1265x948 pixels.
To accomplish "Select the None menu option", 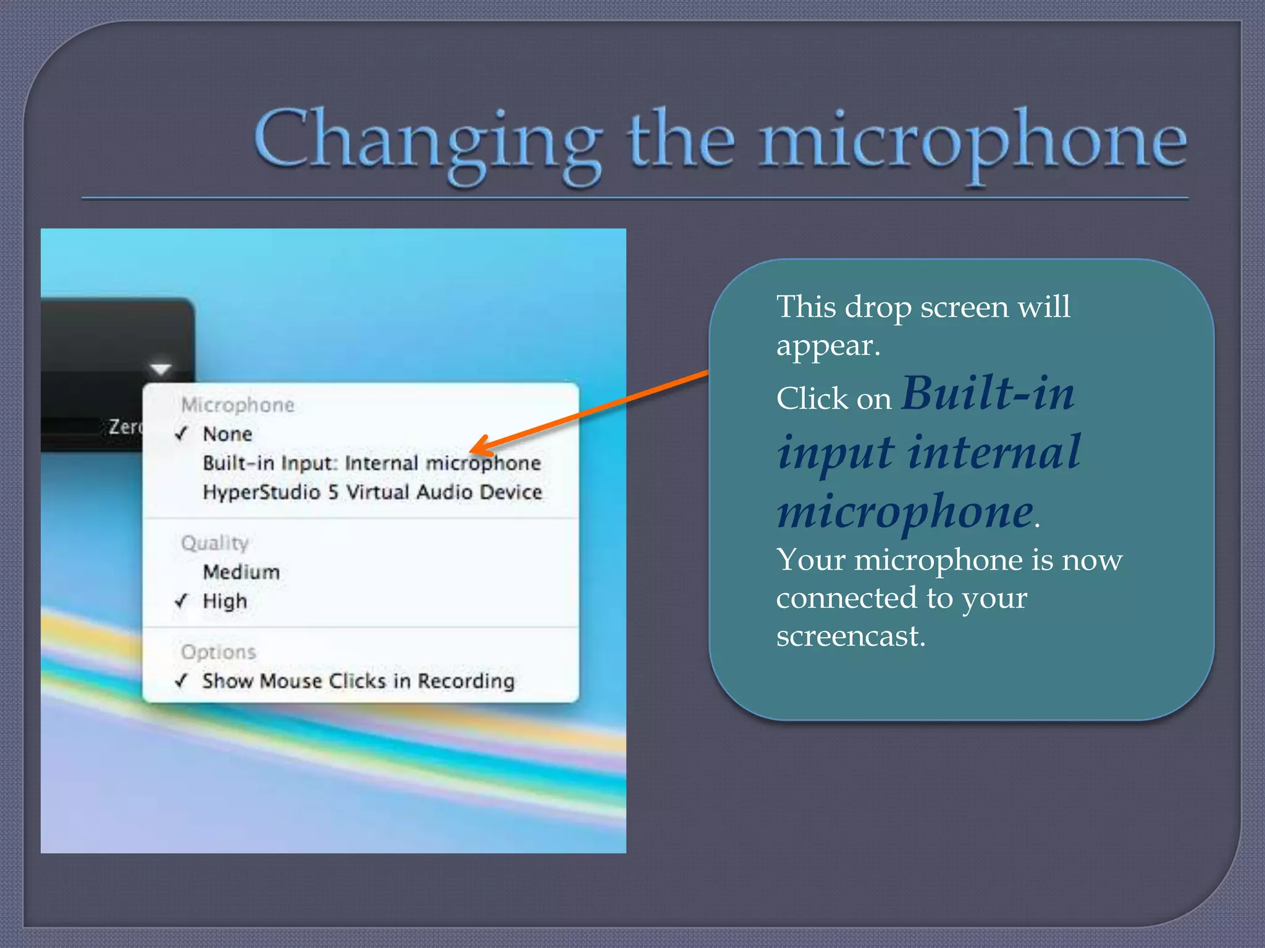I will (227, 434).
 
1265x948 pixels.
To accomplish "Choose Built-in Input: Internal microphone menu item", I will (371, 463).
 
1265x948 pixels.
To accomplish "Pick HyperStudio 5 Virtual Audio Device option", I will (372, 492).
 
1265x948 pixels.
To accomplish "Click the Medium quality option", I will (241, 572).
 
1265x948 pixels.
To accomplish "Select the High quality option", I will (225, 601).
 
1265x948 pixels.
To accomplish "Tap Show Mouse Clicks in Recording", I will (358, 681).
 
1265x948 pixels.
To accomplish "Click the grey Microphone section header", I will (238, 405).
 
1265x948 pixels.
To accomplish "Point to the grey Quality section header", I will (214, 543).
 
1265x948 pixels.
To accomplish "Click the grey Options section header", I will (218, 652).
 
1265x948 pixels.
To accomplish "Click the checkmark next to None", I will (181, 434).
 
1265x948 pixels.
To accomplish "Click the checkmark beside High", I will (181, 601).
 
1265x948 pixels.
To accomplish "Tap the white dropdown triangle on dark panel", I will (161, 369).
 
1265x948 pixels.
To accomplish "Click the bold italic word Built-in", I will (988, 394).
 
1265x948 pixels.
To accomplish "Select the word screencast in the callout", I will (850, 636).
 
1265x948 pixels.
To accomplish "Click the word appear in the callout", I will (826, 346).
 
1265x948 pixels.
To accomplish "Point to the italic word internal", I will (994, 452).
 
